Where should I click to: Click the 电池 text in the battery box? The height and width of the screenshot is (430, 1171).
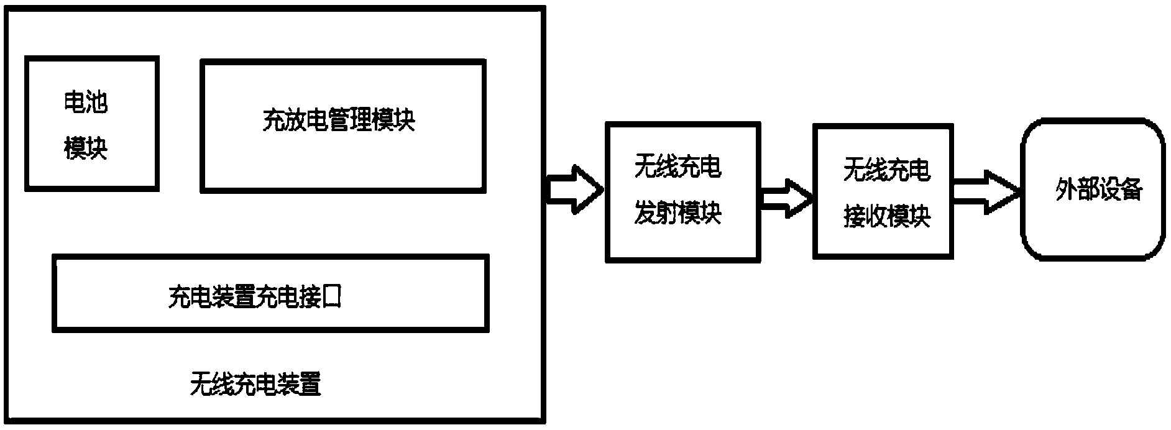click(x=86, y=103)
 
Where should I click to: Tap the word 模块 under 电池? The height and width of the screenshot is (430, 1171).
click(x=86, y=150)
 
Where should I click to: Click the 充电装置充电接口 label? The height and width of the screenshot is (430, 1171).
click(x=255, y=297)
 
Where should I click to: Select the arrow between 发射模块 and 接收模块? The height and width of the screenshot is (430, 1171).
click(x=786, y=198)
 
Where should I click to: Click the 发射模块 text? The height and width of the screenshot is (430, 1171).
click(x=678, y=215)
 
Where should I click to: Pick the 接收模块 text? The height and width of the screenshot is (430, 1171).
click(x=887, y=217)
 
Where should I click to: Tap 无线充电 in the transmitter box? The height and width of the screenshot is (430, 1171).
click(x=678, y=168)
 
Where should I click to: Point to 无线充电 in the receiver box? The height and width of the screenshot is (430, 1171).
click(x=887, y=170)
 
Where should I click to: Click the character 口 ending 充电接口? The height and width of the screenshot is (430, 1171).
click(x=332, y=298)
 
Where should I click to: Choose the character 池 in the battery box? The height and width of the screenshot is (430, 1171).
click(x=97, y=103)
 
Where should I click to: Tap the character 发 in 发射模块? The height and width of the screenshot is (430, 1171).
click(x=645, y=215)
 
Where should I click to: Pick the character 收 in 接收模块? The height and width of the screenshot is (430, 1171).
click(x=876, y=217)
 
